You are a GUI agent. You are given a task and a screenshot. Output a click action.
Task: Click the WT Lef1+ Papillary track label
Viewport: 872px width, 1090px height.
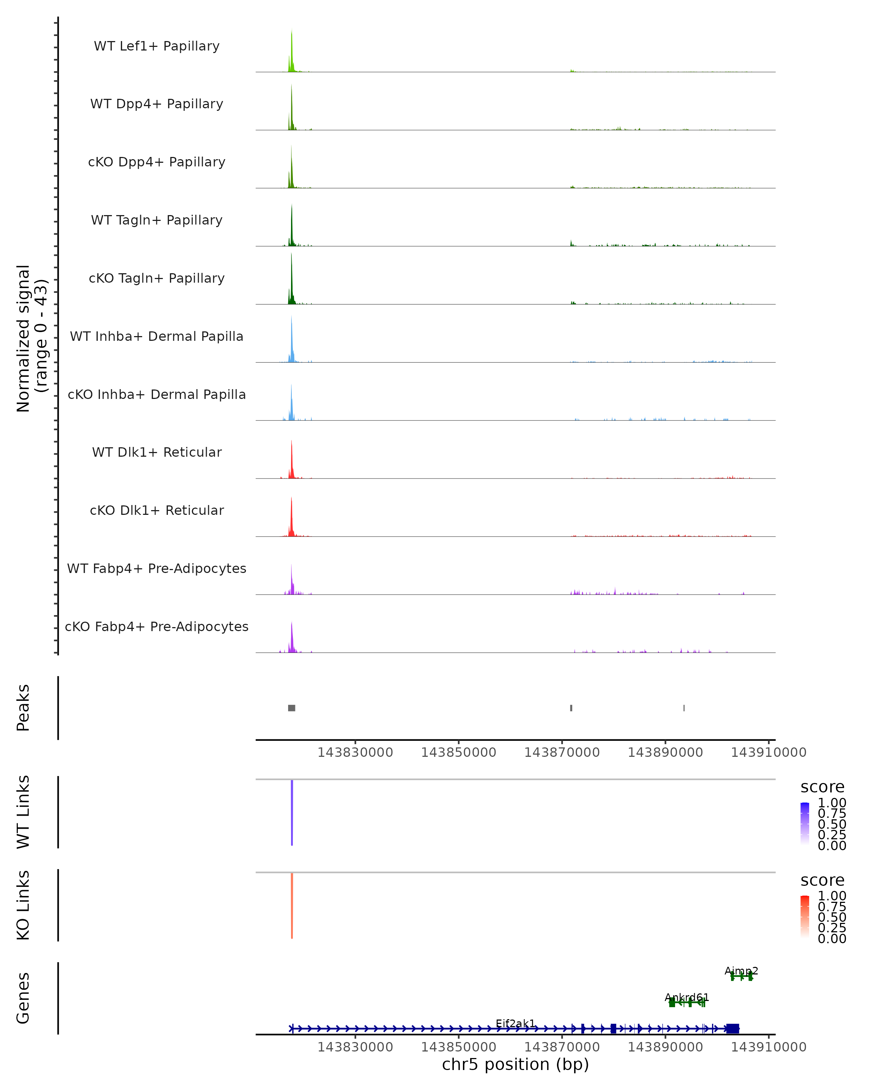tap(157, 46)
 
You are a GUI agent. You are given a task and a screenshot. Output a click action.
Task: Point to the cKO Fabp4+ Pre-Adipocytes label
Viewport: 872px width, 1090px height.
tap(157, 626)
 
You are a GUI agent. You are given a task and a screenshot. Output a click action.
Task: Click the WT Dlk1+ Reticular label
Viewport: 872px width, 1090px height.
tap(157, 452)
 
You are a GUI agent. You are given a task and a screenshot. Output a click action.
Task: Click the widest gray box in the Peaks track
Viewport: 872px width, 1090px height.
tap(292, 708)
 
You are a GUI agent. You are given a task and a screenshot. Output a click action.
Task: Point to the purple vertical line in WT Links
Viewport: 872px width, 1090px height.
tap(292, 812)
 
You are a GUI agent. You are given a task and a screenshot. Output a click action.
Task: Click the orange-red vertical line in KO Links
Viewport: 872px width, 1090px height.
tap(292, 905)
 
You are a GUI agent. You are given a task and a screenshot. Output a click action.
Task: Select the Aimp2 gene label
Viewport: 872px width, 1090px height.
tap(741, 971)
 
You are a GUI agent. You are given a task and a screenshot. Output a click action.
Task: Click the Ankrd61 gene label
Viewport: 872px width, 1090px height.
tap(686, 997)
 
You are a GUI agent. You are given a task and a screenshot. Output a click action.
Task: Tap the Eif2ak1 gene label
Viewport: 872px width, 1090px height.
tap(515, 1023)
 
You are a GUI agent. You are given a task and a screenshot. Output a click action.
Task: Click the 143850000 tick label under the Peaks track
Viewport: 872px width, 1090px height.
tap(459, 752)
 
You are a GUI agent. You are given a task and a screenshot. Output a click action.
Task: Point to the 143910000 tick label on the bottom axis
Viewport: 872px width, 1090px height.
tap(768, 1046)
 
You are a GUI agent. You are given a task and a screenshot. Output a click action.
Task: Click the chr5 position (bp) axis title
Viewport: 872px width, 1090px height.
tap(515, 1064)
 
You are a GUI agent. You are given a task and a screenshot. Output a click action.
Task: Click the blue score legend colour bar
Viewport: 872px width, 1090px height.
tap(805, 823)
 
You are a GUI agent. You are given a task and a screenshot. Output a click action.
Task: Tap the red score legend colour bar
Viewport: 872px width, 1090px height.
tap(805, 916)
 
